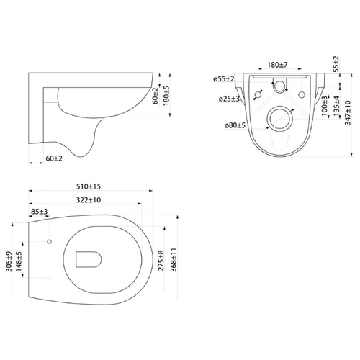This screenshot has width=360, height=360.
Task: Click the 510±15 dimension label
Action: tap(89, 186)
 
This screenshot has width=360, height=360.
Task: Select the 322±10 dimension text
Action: tap(89, 200)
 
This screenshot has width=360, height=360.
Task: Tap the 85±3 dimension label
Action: tap(40, 212)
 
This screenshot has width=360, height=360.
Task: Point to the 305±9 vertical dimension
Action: tap(9, 261)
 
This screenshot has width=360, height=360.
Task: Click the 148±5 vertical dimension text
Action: tap(19, 261)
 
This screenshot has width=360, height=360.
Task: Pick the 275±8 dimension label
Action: tap(161, 261)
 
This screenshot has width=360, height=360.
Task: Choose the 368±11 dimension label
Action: tap(174, 260)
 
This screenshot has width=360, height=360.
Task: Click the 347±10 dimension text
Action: tap(348, 112)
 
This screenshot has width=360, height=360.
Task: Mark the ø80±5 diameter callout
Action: tap(235, 125)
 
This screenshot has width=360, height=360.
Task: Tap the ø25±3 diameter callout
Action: tap(229, 99)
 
